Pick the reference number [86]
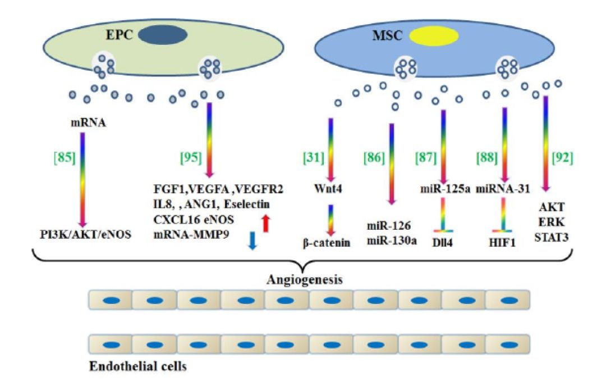[x=375, y=158]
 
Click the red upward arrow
[x=267, y=222]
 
